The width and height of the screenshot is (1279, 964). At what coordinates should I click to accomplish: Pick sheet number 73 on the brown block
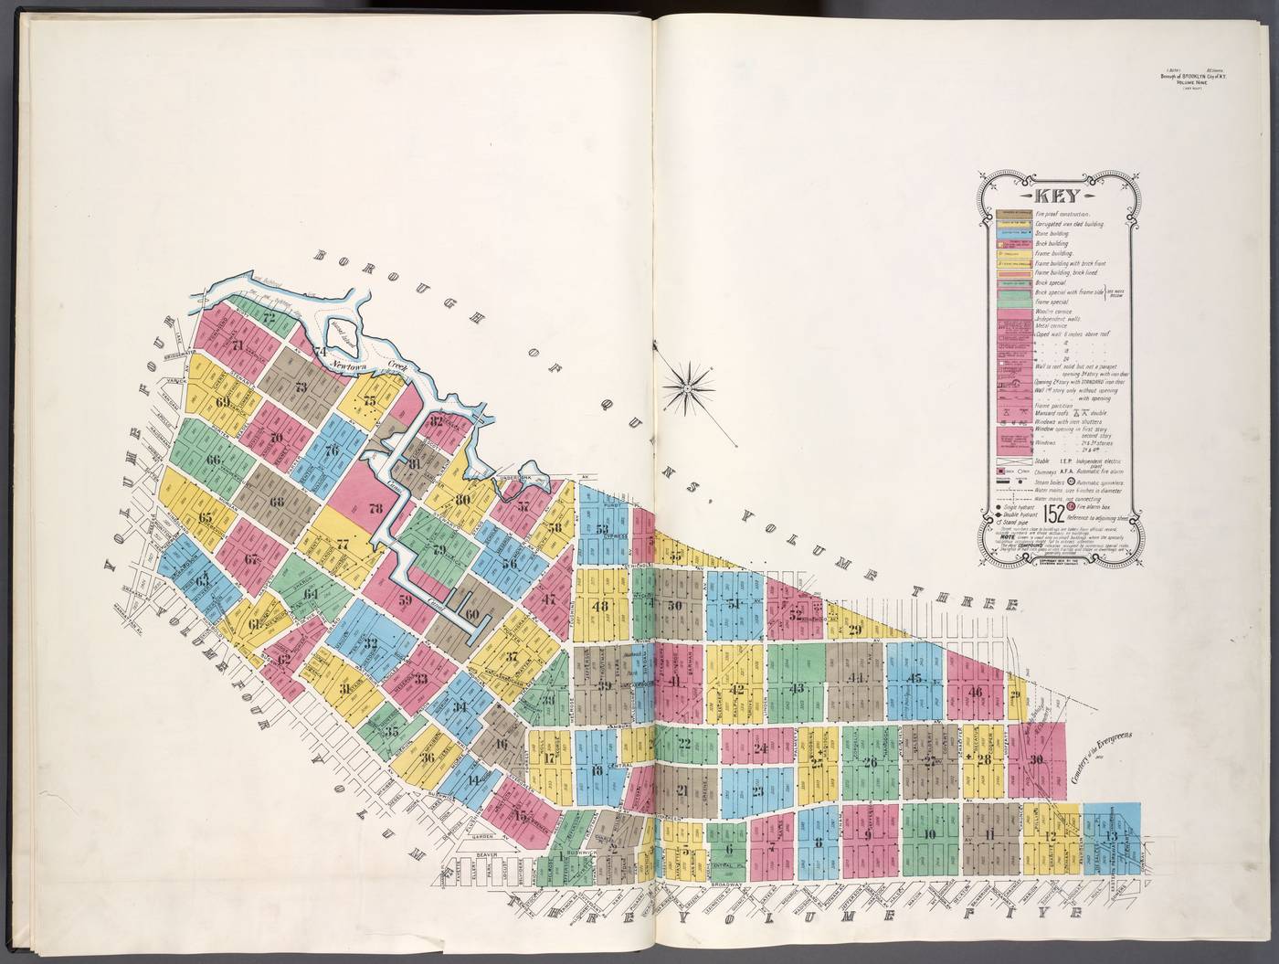click(301, 387)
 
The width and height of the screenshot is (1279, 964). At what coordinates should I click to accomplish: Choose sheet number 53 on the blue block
click(602, 529)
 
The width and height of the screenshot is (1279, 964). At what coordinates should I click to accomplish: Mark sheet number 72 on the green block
click(269, 317)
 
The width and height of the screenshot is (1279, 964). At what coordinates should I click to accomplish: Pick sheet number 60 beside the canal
click(472, 614)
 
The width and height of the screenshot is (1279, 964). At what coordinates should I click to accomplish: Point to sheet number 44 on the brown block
click(856, 677)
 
